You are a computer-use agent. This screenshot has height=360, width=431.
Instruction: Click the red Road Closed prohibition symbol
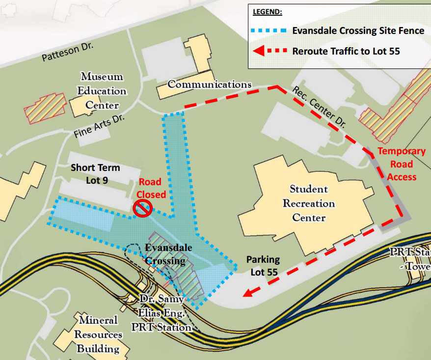142,209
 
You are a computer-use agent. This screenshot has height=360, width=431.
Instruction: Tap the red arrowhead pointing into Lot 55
247,293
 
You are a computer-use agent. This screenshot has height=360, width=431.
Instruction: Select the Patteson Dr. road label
68,52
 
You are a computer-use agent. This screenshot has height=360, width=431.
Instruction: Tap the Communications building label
210,84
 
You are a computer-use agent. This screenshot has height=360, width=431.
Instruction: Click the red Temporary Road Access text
401,164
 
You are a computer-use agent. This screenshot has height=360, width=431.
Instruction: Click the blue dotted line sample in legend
269,30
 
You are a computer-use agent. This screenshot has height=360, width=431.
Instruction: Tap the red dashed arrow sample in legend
269,51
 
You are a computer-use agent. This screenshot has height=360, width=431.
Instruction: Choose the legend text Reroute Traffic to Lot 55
346,51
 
